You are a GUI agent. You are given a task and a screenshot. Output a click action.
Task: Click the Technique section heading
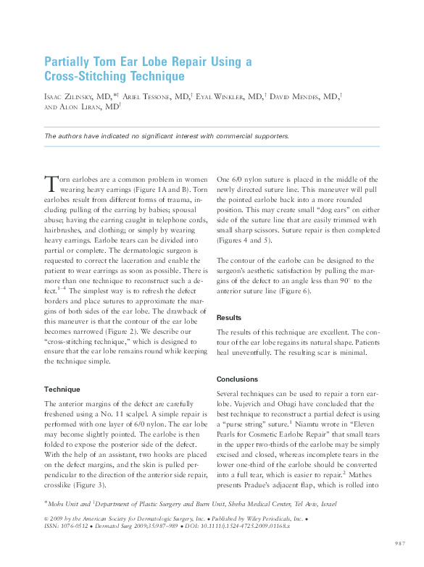(x=62, y=389)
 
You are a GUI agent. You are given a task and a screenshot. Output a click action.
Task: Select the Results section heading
(x=231, y=317)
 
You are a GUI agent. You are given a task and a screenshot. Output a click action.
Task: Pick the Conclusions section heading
(x=238, y=379)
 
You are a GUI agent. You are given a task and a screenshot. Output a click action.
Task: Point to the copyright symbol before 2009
(x=46, y=518)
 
